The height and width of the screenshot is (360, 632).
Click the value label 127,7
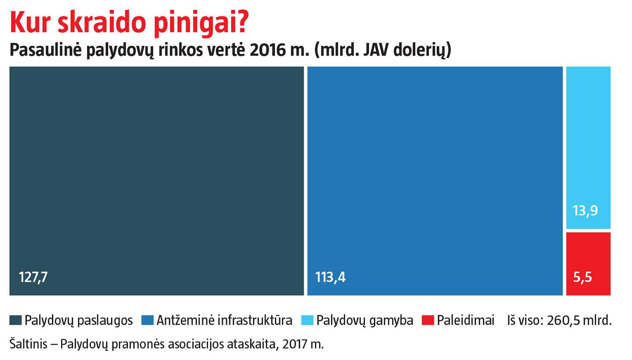(33, 277)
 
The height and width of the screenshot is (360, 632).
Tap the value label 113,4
(330, 277)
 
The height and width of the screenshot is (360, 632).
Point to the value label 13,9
(585, 210)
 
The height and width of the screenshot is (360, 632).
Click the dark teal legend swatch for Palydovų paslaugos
(16, 320)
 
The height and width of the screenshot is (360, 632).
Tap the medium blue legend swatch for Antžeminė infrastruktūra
(147, 320)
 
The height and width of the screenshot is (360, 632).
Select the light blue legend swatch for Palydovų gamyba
(308, 320)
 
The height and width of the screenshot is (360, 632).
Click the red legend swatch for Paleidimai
(428, 320)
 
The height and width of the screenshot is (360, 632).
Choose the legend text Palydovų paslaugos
(78, 320)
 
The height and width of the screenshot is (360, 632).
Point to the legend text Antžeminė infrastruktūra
(224, 320)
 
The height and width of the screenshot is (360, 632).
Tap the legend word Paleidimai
(466, 320)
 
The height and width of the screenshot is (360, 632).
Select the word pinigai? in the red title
(201, 23)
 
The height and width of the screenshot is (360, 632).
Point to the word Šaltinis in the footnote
(28, 344)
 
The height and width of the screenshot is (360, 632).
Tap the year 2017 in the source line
(295, 344)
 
